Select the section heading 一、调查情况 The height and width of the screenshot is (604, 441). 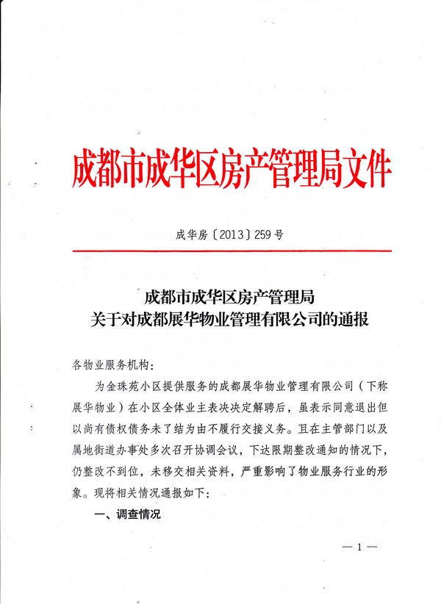click(129, 516)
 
